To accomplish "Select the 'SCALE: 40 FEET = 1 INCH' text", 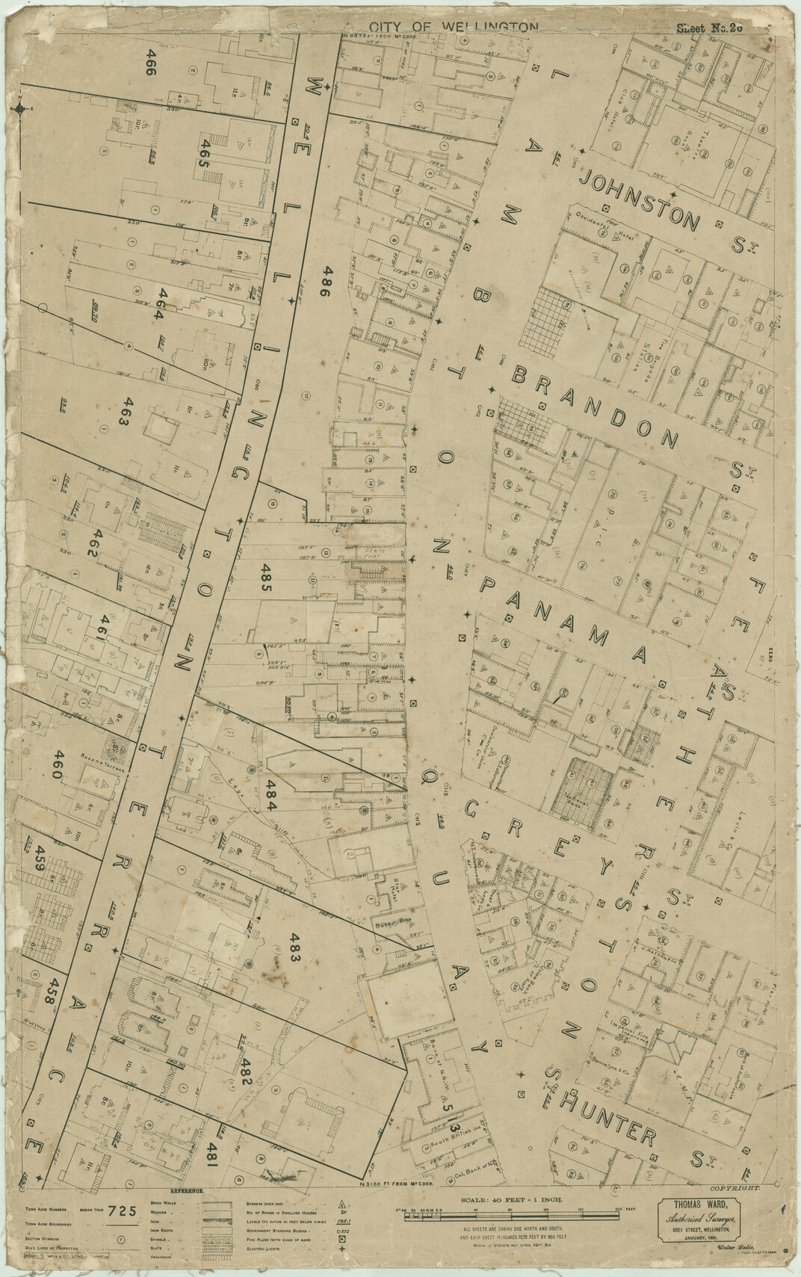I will [x=516, y=1199].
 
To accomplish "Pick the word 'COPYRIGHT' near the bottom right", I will [x=735, y=1187].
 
